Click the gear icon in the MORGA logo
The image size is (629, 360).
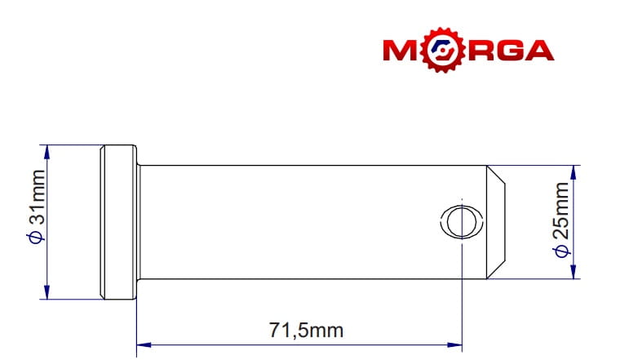(x=443, y=50)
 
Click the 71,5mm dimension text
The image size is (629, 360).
(x=306, y=331)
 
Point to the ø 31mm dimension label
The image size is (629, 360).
(x=38, y=207)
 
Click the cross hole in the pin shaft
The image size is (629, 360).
(x=462, y=221)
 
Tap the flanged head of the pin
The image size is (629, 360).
(x=118, y=222)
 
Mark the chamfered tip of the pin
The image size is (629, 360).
(x=496, y=222)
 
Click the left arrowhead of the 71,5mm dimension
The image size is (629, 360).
(x=144, y=344)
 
